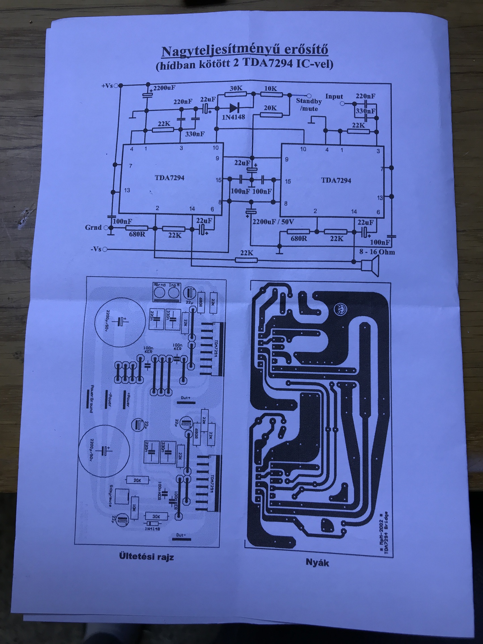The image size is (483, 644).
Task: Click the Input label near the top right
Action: [334, 96]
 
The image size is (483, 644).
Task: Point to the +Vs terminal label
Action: [107, 86]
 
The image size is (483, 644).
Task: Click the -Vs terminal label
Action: [96, 249]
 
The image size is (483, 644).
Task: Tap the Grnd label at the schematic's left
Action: [93, 227]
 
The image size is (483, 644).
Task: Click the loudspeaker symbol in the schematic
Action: [370, 265]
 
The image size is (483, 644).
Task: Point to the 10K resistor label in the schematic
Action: [271, 89]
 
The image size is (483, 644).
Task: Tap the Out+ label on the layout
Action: [185, 398]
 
